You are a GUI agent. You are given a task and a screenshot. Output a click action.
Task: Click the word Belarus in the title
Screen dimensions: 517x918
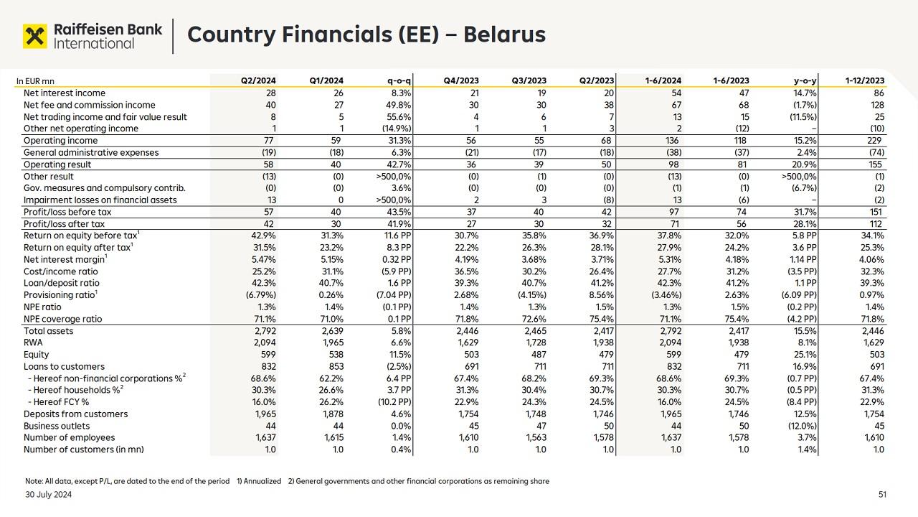point(504,34)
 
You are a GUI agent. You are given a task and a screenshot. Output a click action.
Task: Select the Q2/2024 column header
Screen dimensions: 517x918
point(258,81)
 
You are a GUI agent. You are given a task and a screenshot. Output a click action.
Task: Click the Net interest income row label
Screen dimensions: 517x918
point(65,93)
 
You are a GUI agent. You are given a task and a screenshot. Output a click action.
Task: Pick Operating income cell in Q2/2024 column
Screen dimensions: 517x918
point(270,141)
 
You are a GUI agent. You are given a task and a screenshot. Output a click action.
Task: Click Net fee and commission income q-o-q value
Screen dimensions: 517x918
point(397,105)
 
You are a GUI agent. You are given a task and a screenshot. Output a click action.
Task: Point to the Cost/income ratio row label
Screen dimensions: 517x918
point(61,271)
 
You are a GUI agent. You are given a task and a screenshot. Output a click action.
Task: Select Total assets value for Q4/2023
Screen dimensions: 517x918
point(467,331)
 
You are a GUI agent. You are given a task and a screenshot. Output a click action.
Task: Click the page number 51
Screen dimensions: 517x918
point(882,495)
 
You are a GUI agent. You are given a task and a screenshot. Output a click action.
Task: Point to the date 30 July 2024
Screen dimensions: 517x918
point(49,495)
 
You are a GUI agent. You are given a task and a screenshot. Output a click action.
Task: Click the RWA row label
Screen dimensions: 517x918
point(34,343)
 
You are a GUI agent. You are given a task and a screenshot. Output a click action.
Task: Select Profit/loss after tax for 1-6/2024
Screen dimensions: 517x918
point(675,224)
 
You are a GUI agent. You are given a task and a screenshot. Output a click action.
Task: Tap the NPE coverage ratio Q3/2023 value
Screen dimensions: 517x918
point(534,319)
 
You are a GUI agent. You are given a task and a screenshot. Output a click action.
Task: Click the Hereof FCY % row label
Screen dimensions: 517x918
point(58,402)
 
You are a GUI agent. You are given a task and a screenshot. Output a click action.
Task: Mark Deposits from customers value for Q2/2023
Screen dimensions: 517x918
point(602,414)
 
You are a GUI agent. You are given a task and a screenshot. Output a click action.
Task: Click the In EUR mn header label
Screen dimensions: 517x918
point(35,81)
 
